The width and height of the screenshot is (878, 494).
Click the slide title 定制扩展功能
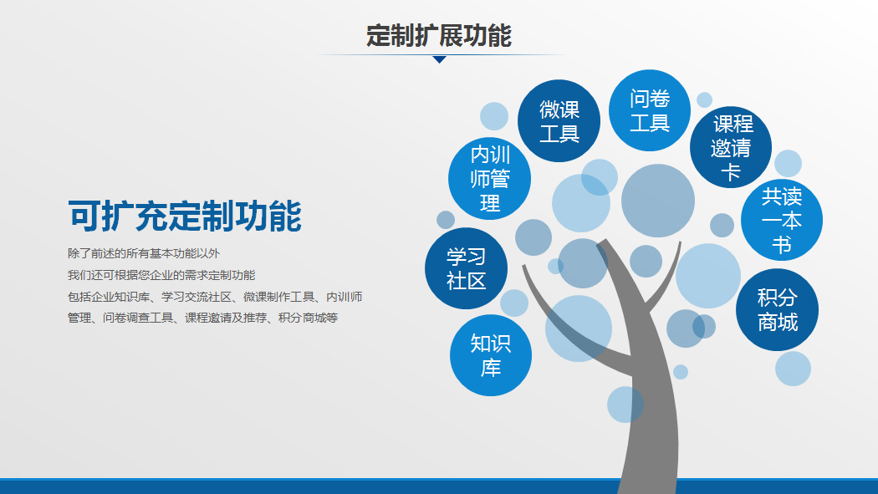click(439, 35)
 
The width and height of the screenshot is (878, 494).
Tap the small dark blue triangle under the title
click(440, 59)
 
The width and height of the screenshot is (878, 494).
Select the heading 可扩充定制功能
click(185, 216)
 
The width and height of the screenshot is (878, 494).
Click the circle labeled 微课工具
click(559, 121)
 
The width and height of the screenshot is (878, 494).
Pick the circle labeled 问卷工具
click(650, 110)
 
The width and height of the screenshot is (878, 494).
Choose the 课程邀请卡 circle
click(731, 147)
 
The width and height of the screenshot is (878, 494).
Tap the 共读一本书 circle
click(782, 220)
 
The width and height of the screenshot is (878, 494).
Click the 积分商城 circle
click(777, 310)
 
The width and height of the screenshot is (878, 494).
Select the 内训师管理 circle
click(489, 179)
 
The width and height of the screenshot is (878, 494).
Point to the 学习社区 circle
click(466, 268)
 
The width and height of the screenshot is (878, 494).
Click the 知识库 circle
click(491, 355)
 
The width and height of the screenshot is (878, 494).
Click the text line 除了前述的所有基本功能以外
click(144, 253)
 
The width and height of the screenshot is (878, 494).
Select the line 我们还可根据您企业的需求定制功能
click(161, 275)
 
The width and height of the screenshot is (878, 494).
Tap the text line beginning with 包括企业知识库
click(215, 297)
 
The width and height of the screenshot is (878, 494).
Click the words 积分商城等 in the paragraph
click(308, 318)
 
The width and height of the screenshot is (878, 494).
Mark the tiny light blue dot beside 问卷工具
click(704, 100)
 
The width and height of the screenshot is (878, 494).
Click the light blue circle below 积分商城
click(793, 369)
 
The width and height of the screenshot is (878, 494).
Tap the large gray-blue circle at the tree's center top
click(658, 201)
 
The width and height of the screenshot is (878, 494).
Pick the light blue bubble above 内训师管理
click(494, 116)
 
